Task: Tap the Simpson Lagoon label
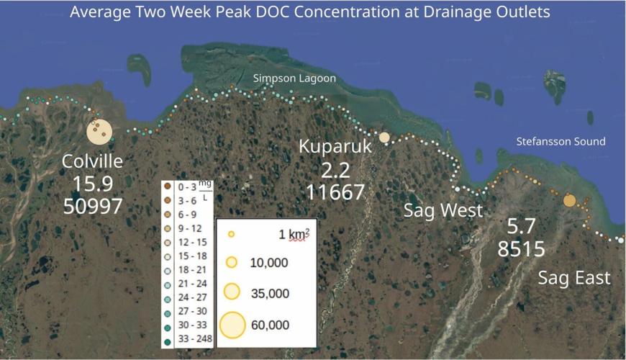click(x=294, y=78)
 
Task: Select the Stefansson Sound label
click(x=561, y=142)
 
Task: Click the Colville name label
click(x=92, y=161)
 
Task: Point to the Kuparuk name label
click(x=335, y=148)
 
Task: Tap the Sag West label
click(x=443, y=211)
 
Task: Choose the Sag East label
click(x=574, y=277)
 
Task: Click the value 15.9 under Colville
click(x=92, y=184)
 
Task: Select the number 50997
click(x=92, y=207)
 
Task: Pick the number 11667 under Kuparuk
click(x=335, y=192)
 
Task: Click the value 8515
click(x=521, y=249)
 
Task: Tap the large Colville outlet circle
click(x=99, y=132)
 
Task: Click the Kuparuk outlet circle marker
click(x=384, y=138)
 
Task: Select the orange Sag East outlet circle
click(x=570, y=200)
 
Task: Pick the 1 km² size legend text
click(x=294, y=234)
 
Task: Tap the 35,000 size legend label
click(x=269, y=293)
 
